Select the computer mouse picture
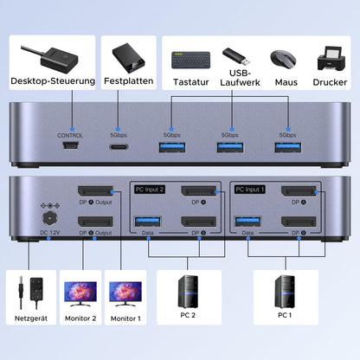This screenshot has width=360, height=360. (285, 59)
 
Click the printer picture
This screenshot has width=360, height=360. (330, 58)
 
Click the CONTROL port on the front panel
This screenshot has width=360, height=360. (69, 148)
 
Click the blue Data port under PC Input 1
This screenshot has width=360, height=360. (248, 222)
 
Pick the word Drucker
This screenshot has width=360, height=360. (330, 82)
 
